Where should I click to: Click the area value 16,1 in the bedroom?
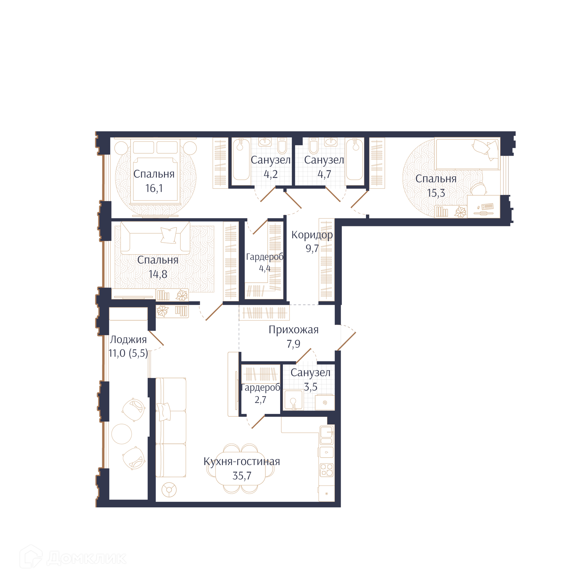(x=154, y=188)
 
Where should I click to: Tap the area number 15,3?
(x=436, y=193)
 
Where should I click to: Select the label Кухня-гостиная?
(x=242, y=461)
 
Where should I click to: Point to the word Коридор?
(x=312, y=235)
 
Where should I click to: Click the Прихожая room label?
(x=294, y=330)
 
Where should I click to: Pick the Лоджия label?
(x=128, y=340)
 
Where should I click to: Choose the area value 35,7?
(x=242, y=476)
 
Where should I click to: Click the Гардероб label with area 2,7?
(x=260, y=388)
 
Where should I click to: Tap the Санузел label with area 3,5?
(x=310, y=373)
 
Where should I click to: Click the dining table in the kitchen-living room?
(x=240, y=469)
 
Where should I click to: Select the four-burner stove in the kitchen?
(x=326, y=470)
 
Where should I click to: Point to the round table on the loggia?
(x=122, y=434)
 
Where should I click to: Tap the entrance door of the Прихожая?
(x=346, y=341)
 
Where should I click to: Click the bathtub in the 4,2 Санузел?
(x=241, y=159)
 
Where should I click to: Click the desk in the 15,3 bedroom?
(x=483, y=207)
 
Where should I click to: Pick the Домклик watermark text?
(x=87, y=558)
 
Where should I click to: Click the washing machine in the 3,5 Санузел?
(x=325, y=402)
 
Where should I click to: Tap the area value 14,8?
(x=158, y=274)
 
